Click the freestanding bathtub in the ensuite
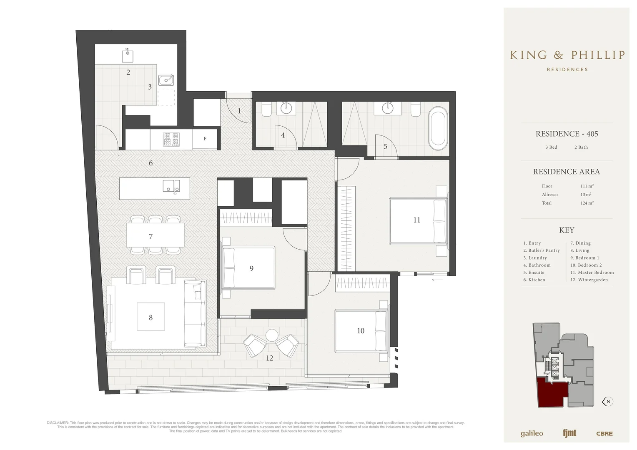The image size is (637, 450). coord(437,129)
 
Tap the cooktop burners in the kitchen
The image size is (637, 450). coord(171,139)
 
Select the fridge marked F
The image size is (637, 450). coord(205,139)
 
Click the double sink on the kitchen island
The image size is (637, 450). coord(171,186)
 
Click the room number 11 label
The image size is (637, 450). coord(416,220)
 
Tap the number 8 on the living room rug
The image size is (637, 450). coord(150,317)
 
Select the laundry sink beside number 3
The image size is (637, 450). coord(166,80)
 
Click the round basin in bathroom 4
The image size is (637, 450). coord(286,109)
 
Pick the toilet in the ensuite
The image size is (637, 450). coord(416,109)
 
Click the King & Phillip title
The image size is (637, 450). coord(567,55)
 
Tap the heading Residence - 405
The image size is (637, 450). coord(567,134)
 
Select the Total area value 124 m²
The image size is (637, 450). coord(587,203)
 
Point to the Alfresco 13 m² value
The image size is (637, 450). coord(586,195)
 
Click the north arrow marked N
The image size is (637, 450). coord(608,402)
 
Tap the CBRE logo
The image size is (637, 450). coord(604,433)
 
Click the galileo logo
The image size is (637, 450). coord(532,433)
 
